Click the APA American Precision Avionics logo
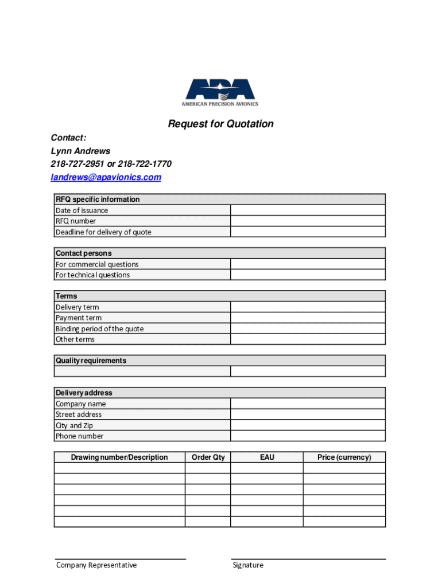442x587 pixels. [x=220, y=92]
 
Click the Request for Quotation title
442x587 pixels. [x=220, y=124]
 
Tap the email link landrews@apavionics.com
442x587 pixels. [x=106, y=177]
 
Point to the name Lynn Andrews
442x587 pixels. [x=80, y=151]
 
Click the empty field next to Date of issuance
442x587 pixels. [x=308, y=210]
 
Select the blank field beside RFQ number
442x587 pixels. [x=308, y=221]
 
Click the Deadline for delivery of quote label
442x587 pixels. [x=103, y=232]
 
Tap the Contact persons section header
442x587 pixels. [x=84, y=253]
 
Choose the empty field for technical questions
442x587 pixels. [x=308, y=275]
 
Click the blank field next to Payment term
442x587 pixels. [x=308, y=318]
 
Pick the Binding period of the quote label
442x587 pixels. [x=99, y=329]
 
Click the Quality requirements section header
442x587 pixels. [x=91, y=361]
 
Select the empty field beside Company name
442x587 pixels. [x=308, y=404]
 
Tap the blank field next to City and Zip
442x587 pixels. [x=308, y=425]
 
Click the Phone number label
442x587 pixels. [x=79, y=436]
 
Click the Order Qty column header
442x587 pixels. [x=208, y=457]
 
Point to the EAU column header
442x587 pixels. [x=267, y=457]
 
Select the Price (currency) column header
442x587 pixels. [x=344, y=457]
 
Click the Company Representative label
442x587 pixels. [x=96, y=565]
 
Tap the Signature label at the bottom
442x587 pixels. [x=248, y=565]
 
